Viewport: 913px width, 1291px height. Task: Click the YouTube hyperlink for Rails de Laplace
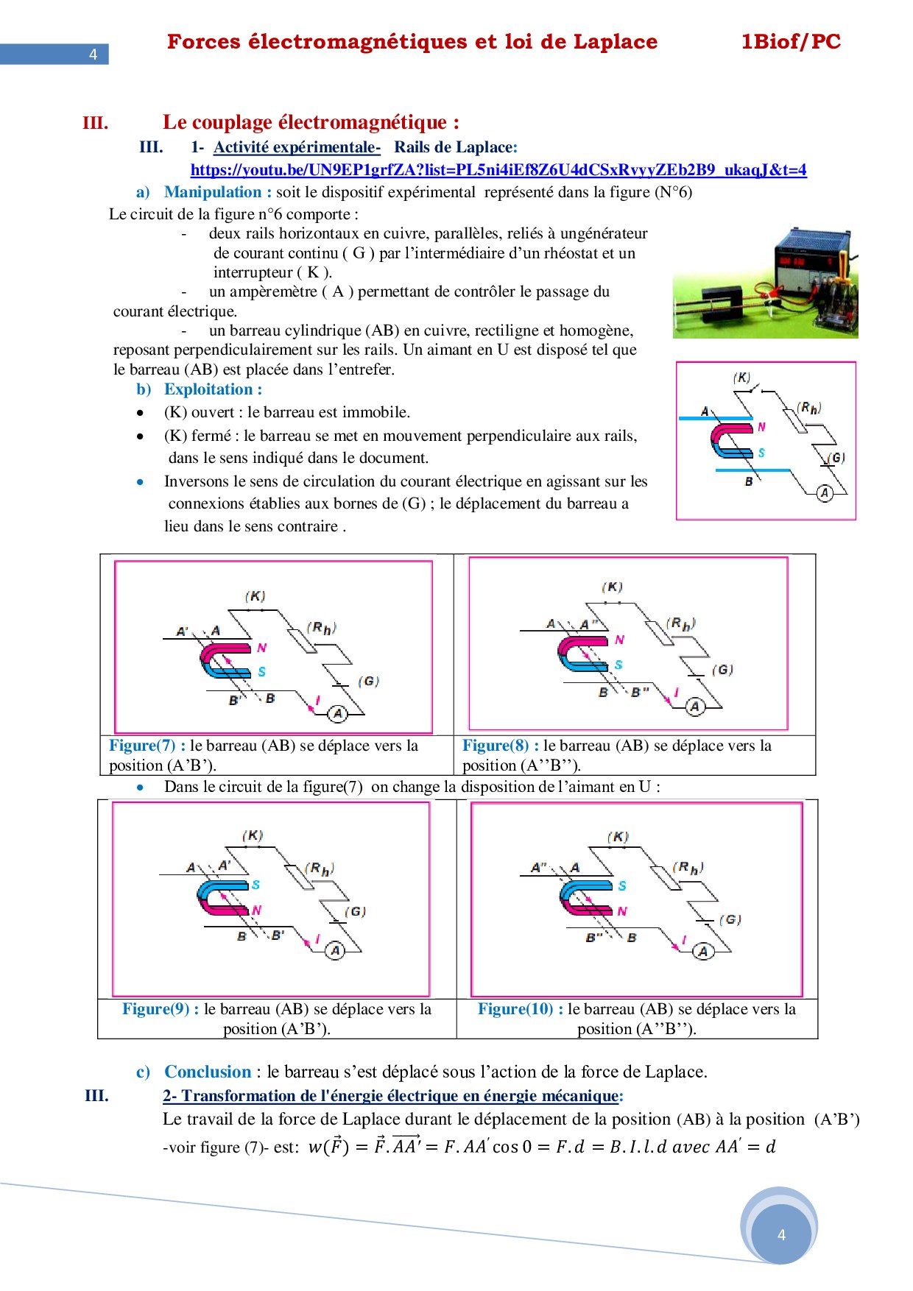[x=498, y=170]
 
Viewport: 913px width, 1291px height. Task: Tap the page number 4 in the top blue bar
[x=93, y=54]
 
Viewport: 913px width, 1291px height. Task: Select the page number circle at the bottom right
[x=781, y=1234]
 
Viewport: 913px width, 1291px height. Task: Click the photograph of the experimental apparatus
[x=765, y=283]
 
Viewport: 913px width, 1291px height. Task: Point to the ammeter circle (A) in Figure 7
[x=338, y=712]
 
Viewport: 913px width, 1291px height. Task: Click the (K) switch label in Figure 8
[x=612, y=587]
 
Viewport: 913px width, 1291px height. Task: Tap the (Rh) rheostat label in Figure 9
[x=320, y=869]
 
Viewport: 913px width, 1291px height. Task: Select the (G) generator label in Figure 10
[x=730, y=919]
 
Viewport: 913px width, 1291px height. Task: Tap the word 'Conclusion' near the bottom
[x=208, y=1072]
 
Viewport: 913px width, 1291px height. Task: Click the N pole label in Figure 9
[x=257, y=910]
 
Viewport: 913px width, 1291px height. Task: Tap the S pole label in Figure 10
[x=622, y=885]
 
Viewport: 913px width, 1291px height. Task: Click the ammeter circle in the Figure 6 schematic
[x=825, y=493]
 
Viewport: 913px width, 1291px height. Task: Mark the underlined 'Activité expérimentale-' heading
[x=297, y=147]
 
